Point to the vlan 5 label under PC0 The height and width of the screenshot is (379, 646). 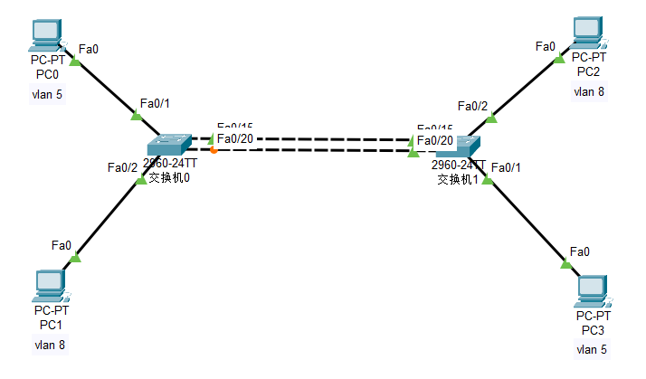[x=47, y=94]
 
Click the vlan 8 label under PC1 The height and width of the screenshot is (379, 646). [x=49, y=345]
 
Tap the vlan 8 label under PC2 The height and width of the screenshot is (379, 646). [x=588, y=91]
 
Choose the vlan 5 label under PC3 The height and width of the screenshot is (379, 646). [x=592, y=349]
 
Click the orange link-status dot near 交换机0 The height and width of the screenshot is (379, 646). [x=213, y=150]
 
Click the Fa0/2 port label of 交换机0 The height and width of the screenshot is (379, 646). [x=122, y=167]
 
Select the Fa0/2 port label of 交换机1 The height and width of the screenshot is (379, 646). [x=472, y=107]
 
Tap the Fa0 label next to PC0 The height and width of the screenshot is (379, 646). [x=90, y=48]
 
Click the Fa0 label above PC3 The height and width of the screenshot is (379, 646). [x=579, y=251]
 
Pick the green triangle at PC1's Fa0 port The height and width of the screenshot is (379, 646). [x=75, y=258]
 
